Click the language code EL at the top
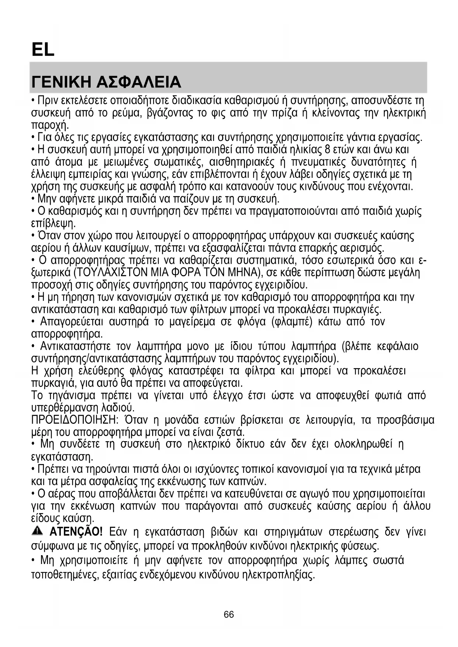(43, 49)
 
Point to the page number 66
(229, 614)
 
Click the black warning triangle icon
(37, 531)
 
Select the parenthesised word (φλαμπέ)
(292, 322)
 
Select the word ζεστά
(233, 432)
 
